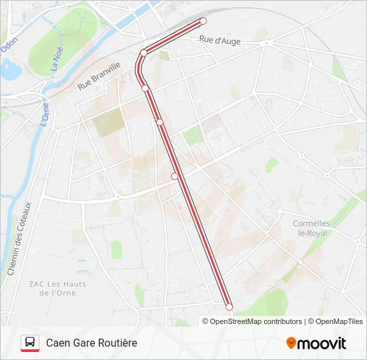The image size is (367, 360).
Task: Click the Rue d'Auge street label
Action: pyautogui.click(x=220, y=41)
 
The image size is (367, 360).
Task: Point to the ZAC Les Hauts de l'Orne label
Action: pyautogui.click(x=57, y=288)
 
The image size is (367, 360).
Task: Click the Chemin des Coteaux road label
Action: pyautogui.click(x=19, y=239)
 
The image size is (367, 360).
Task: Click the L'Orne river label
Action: pyautogui.click(x=45, y=114)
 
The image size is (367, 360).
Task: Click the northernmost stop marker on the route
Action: pyautogui.click(x=204, y=21)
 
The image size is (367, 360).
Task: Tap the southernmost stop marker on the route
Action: pyautogui.click(x=230, y=307)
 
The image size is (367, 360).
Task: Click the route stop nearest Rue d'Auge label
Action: pyautogui.click(x=204, y=21)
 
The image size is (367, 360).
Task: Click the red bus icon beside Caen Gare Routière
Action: pyautogui.click(x=29, y=343)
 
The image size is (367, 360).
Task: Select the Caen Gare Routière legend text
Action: pyautogui.click(x=91, y=343)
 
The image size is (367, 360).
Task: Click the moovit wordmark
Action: pyautogui.click(x=322, y=343)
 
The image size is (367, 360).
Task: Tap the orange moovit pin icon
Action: pyautogui.click(x=291, y=343)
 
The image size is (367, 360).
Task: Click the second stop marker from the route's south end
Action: pyautogui.click(x=175, y=177)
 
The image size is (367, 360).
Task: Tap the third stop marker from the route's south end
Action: pyautogui.click(x=159, y=122)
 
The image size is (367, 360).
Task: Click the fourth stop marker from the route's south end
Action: pyautogui.click(x=145, y=88)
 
